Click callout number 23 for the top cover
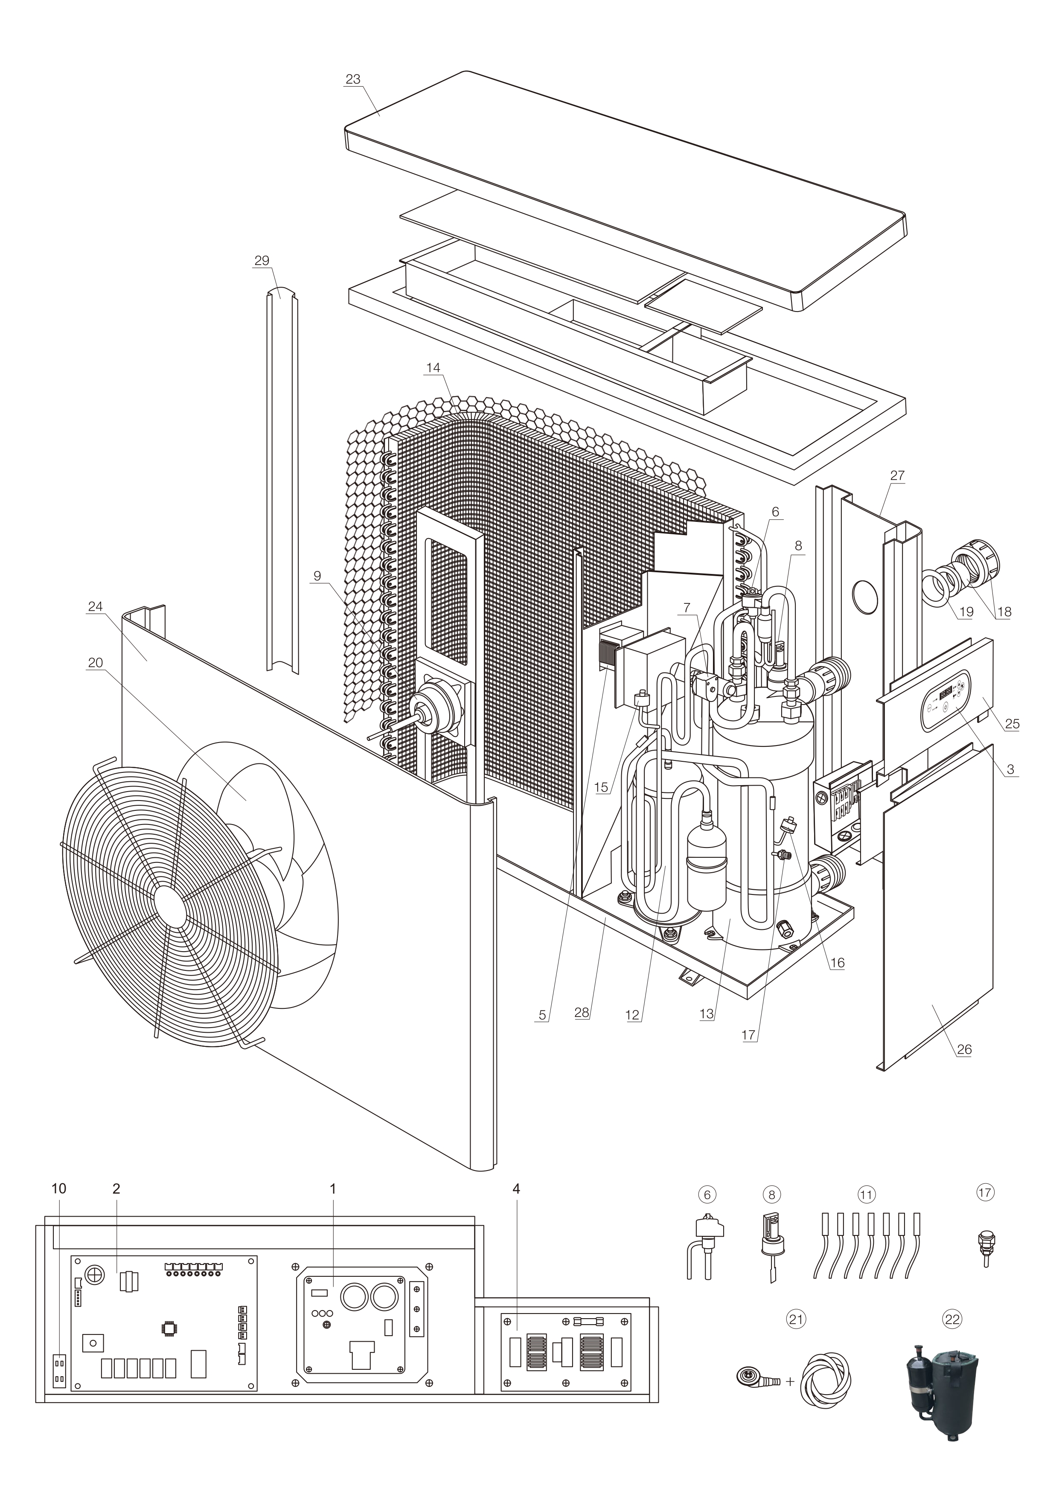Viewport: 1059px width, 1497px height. pos(353,79)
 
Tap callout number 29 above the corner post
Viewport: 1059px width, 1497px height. pos(262,261)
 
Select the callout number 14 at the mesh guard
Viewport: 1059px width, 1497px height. pos(433,368)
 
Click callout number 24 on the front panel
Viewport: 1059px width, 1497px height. pos(95,606)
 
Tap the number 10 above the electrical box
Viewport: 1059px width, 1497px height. pos(59,1188)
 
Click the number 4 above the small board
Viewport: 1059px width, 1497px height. pos(516,1188)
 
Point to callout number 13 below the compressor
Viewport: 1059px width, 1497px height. pos(707,1014)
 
